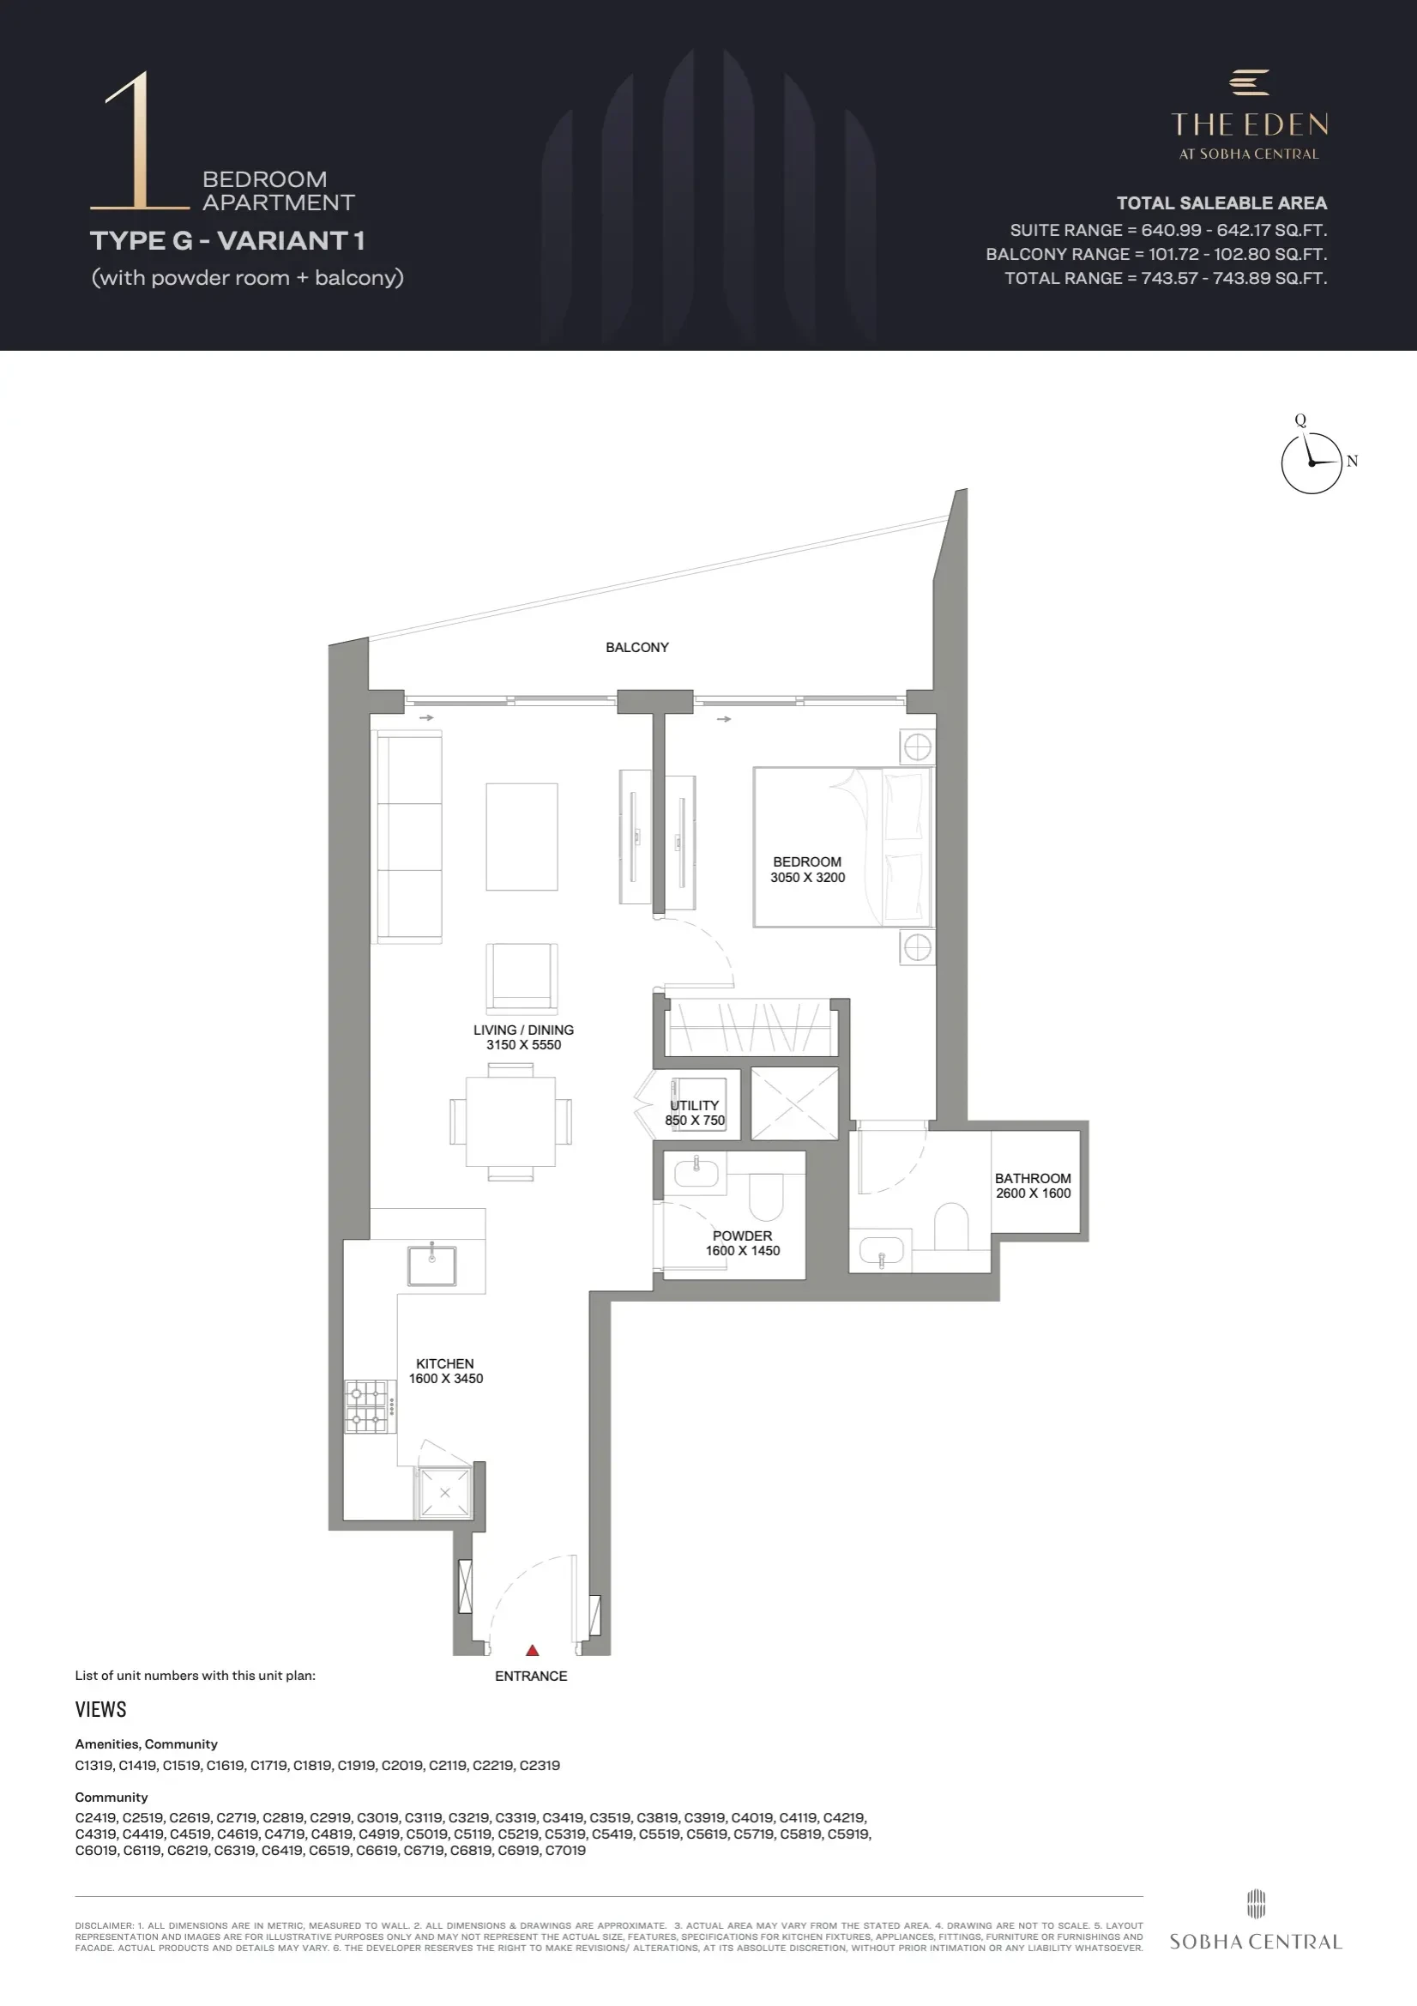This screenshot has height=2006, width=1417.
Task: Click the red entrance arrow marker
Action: pyautogui.click(x=532, y=1651)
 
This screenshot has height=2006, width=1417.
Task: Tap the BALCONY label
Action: pyautogui.click(x=636, y=648)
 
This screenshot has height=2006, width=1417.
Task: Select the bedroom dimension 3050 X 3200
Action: pyautogui.click(x=807, y=878)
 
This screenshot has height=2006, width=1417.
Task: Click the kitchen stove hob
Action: pyautogui.click(x=366, y=1406)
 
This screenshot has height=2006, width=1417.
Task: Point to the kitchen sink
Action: pyautogui.click(x=431, y=1265)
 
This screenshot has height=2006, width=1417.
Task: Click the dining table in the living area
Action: pyautogui.click(x=510, y=1121)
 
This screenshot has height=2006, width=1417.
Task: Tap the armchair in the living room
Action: pyautogui.click(x=522, y=978)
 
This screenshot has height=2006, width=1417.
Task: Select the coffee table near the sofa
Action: pyautogui.click(x=522, y=837)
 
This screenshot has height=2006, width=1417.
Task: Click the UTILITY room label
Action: pyautogui.click(x=695, y=1105)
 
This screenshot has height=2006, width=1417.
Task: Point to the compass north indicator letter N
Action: pyautogui.click(x=1353, y=462)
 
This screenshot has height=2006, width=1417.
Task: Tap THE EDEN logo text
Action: pyautogui.click(x=1249, y=125)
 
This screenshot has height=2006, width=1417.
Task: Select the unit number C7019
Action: pyautogui.click(x=565, y=1851)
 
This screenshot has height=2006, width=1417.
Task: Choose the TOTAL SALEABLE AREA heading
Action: pyautogui.click(x=1221, y=203)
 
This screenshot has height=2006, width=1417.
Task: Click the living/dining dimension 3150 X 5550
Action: pyautogui.click(x=523, y=1045)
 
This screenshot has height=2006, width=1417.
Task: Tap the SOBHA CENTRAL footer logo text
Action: pyautogui.click(x=1256, y=1942)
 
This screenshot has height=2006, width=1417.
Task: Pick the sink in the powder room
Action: pyautogui.click(x=696, y=1173)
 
